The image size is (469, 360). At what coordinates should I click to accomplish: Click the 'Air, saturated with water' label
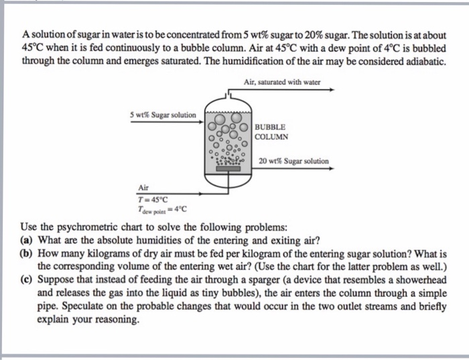pos(282,82)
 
